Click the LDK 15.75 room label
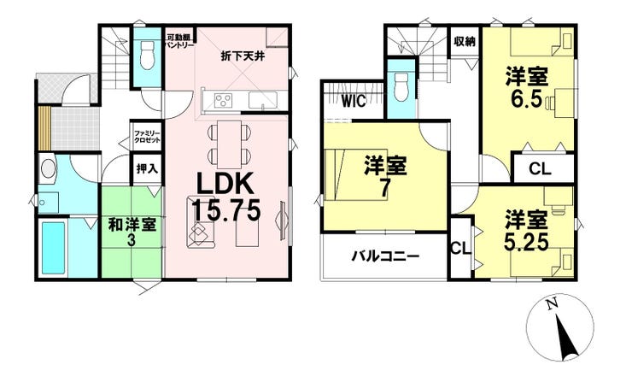click(x=225, y=197)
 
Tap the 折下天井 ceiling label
click(x=243, y=56)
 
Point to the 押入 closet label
click(x=147, y=168)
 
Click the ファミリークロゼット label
click(x=147, y=137)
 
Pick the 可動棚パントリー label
click(x=178, y=41)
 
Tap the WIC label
click(x=354, y=101)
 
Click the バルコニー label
click(x=385, y=256)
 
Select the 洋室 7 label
click(x=385, y=177)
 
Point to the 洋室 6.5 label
click(x=527, y=88)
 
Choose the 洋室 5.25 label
click(x=527, y=230)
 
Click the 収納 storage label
click(x=465, y=41)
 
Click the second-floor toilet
click(x=401, y=86)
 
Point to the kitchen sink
click(x=262, y=99)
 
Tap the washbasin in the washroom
click(x=48, y=168)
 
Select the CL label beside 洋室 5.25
click(x=460, y=249)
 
